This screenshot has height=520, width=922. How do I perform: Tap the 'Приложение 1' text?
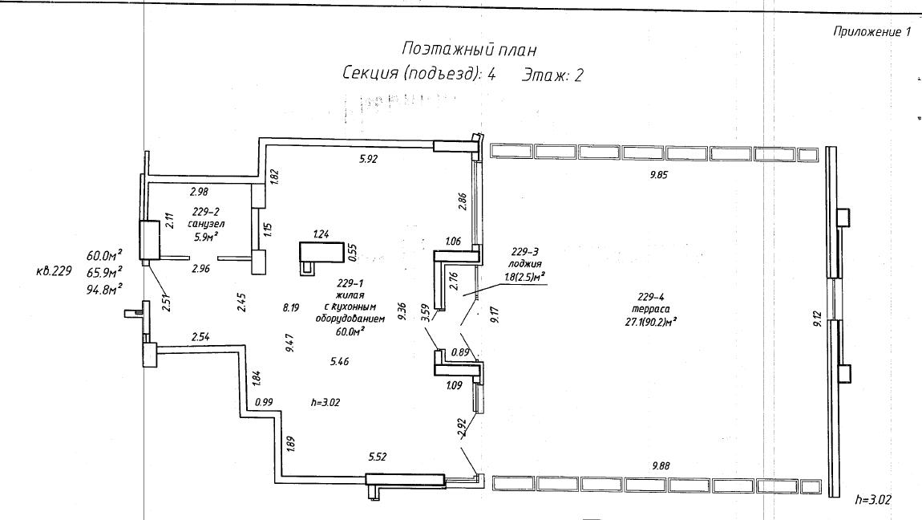pyautogui.click(x=872, y=32)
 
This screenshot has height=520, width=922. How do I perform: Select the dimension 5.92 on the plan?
pyautogui.click(x=367, y=159)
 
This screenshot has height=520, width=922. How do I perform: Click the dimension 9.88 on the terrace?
pyautogui.click(x=661, y=465)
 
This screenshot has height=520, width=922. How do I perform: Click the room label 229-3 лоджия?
pyautogui.click(x=525, y=257)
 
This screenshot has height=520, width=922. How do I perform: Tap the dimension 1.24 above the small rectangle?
pyautogui.click(x=321, y=234)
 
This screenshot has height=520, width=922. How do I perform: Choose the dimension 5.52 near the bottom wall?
pyautogui.click(x=377, y=457)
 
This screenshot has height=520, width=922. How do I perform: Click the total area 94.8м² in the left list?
pyautogui.click(x=104, y=288)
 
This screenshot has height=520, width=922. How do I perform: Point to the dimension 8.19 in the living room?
pyautogui.click(x=290, y=307)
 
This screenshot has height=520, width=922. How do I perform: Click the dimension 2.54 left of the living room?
pyautogui.click(x=200, y=336)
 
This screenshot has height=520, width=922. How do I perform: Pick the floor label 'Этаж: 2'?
pyautogui.click(x=552, y=75)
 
